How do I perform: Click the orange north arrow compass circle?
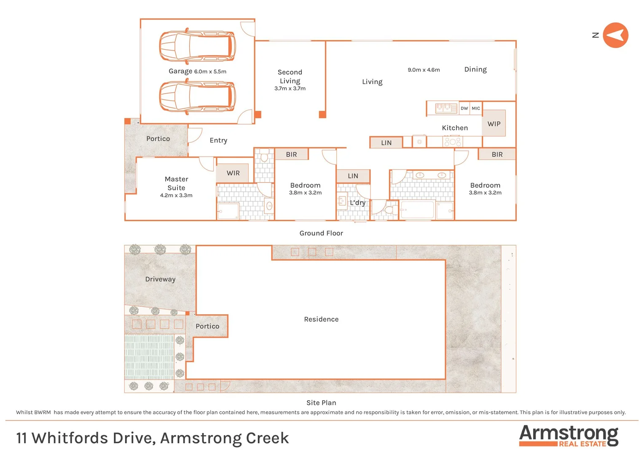(615, 35)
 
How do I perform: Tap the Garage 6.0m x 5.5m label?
(197, 71)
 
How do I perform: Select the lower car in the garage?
(197, 97)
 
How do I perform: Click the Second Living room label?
(290, 77)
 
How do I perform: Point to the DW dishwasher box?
(464, 108)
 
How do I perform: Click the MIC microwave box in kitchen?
(476, 108)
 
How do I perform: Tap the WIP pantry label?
(494, 124)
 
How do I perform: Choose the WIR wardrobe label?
(233, 173)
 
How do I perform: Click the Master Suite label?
(176, 184)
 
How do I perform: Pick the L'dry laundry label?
(357, 203)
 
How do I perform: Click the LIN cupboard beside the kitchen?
(386, 143)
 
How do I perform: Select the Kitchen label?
(455, 128)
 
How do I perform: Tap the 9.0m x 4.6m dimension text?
(424, 70)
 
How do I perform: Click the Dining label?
(475, 70)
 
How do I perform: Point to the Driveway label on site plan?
(160, 279)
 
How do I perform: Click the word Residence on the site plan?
(321, 319)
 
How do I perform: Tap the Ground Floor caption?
(321, 233)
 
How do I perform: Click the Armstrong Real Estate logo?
(569, 435)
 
